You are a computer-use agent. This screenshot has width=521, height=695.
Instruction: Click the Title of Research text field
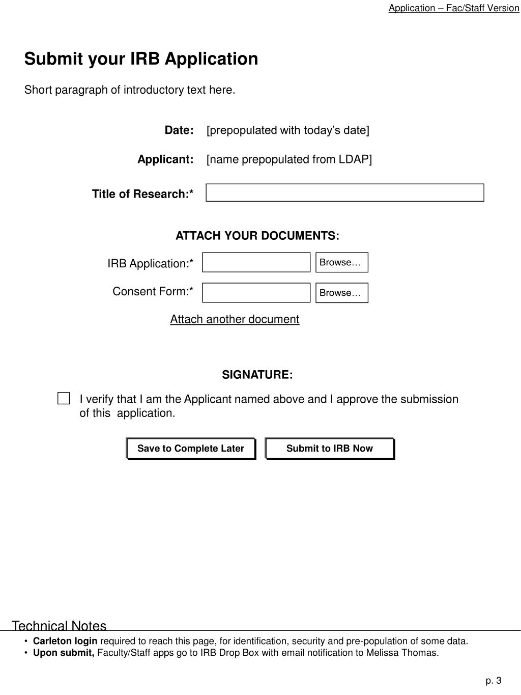344,193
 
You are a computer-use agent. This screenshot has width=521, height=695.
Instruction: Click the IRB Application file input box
256,263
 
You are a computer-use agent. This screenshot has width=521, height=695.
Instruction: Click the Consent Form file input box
256,293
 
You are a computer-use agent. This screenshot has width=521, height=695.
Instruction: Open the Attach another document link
235,319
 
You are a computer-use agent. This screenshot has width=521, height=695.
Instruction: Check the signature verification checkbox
64,399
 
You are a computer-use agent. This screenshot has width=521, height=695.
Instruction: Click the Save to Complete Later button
191,449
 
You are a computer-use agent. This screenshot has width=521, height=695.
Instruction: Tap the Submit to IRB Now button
330,449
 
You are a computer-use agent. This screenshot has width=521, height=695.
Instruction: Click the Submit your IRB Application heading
141,59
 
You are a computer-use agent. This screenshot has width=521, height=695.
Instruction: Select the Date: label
179,130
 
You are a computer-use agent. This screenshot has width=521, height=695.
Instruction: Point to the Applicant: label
165,160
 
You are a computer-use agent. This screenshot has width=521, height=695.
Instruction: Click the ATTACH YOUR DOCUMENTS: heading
257,236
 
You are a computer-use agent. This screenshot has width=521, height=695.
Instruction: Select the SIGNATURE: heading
257,375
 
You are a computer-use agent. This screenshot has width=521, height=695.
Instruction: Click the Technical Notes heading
59,626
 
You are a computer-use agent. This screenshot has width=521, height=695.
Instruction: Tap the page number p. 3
493,681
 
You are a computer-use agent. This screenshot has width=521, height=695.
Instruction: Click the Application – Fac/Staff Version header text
453,8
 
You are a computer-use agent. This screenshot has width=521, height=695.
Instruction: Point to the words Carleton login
65,641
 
